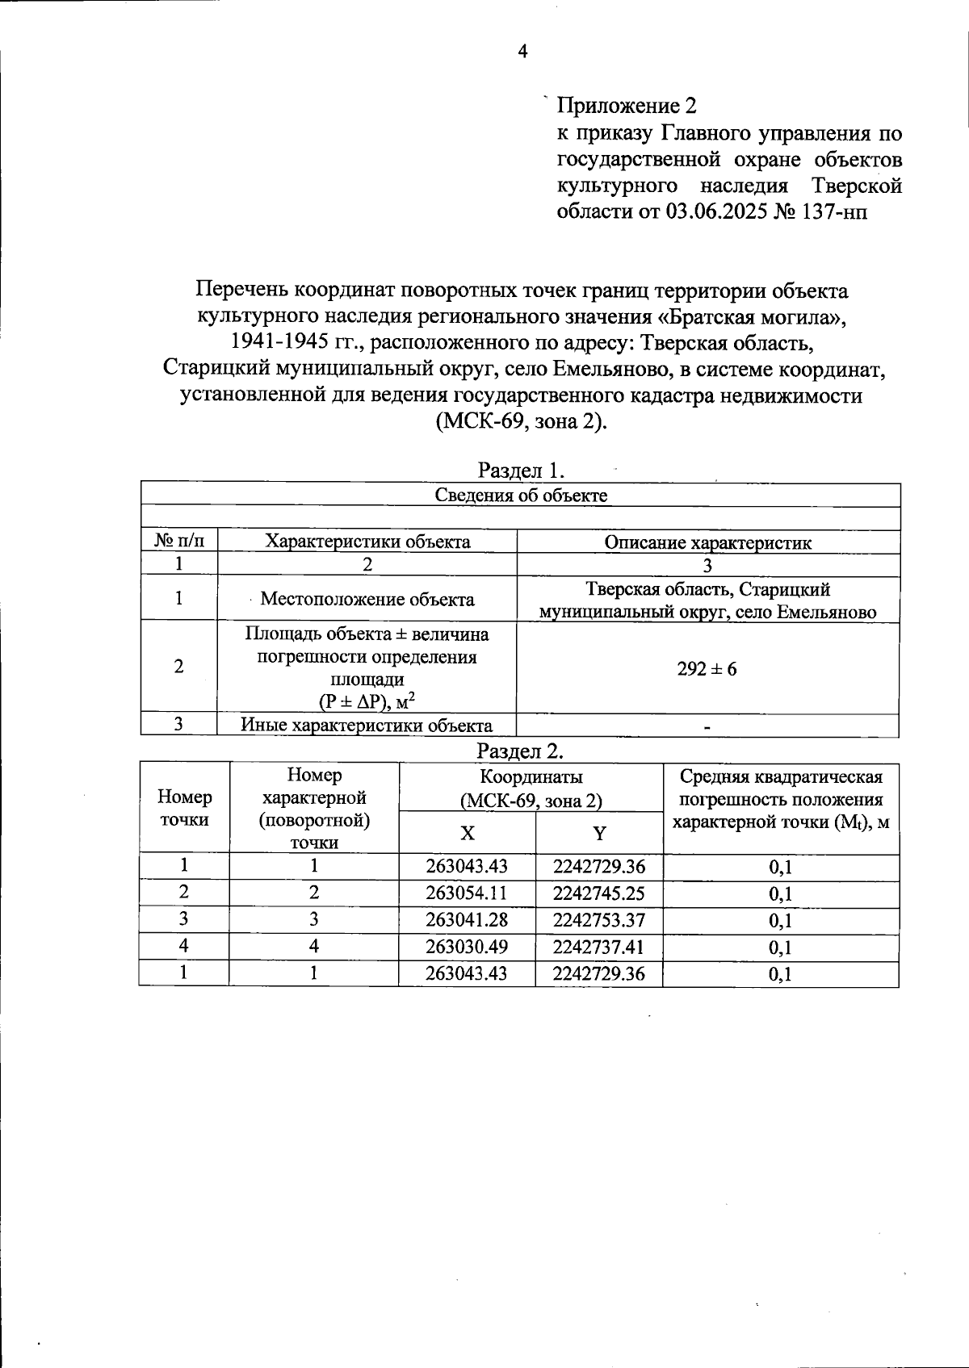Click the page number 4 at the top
(522, 52)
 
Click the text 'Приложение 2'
(626, 106)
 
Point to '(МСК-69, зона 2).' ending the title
(521, 421)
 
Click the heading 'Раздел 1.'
(521, 471)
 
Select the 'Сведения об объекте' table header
(521, 495)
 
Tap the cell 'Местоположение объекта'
(367, 599)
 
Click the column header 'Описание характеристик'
(707, 542)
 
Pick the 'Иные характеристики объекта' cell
(367, 725)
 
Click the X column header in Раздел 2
(467, 833)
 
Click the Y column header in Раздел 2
(599, 833)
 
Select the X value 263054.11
(467, 893)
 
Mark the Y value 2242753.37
(599, 920)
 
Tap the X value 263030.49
(467, 947)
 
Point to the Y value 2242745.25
(599, 893)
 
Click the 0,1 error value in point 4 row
(780, 948)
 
